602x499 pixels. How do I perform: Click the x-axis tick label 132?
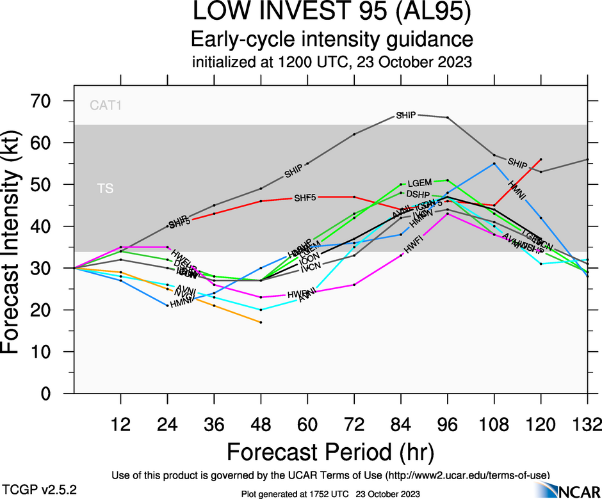click(x=587, y=424)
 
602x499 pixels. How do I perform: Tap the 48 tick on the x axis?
click(x=261, y=424)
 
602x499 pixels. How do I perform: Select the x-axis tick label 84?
click(x=401, y=424)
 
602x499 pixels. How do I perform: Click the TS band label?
click(x=104, y=189)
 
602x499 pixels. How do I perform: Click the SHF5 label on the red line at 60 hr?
click(x=305, y=197)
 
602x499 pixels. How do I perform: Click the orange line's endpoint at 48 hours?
click(x=261, y=322)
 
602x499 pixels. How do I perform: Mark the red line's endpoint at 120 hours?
click(x=541, y=159)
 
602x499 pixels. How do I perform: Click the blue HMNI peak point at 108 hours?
click(x=494, y=163)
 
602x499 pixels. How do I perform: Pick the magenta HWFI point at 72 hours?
click(x=354, y=285)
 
